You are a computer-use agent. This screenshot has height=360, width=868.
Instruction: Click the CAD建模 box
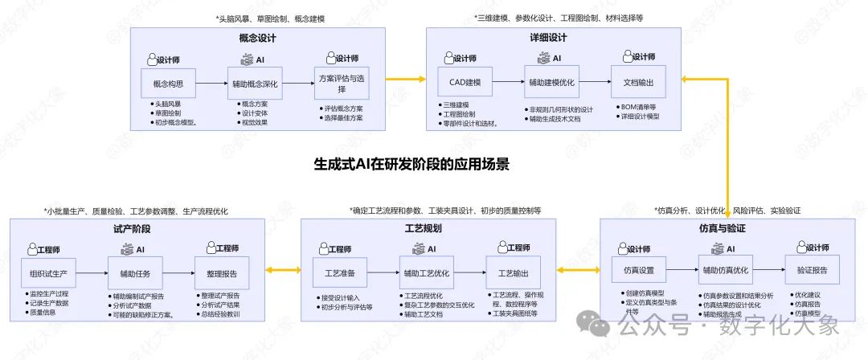pyautogui.click(x=460, y=82)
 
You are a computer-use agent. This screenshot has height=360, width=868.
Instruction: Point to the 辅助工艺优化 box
pyautogui.click(x=426, y=272)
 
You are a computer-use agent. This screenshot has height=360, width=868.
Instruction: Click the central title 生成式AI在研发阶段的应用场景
pyautogui.click(x=411, y=164)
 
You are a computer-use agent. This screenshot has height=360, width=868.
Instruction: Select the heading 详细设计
pyautogui.click(x=549, y=38)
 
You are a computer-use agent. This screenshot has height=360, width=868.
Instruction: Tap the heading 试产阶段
pyautogui.click(x=133, y=228)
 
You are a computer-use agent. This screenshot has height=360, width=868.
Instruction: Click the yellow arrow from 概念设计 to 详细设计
pyautogui.click(x=406, y=79)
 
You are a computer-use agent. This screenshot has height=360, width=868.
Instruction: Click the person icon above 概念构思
pyautogui.click(x=152, y=59)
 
